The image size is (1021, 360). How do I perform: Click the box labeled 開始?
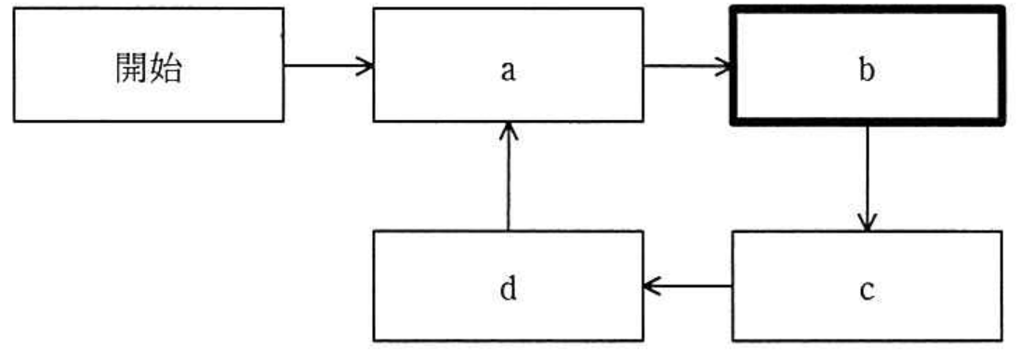click(x=149, y=64)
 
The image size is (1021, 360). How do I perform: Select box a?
click(x=509, y=64)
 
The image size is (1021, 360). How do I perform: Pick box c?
click(x=868, y=286)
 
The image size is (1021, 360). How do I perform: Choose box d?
click(x=509, y=286)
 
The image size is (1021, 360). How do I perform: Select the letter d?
click(x=508, y=288)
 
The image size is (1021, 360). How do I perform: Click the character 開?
click(x=132, y=68)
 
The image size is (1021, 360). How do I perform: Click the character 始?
click(x=166, y=68)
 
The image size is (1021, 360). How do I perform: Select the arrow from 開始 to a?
click(x=329, y=65)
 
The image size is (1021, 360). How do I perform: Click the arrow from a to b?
click(x=687, y=65)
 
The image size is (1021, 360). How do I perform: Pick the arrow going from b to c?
click(x=867, y=177)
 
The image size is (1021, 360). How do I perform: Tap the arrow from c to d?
click(x=687, y=286)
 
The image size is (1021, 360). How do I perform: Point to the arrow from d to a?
click(x=509, y=176)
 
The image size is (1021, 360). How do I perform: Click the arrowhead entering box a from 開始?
click(x=365, y=65)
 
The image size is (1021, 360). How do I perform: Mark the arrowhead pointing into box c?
click(x=867, y=222)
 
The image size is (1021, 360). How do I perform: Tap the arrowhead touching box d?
click(x=653, y=286)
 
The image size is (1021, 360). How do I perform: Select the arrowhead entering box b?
click(x=722, y=65)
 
